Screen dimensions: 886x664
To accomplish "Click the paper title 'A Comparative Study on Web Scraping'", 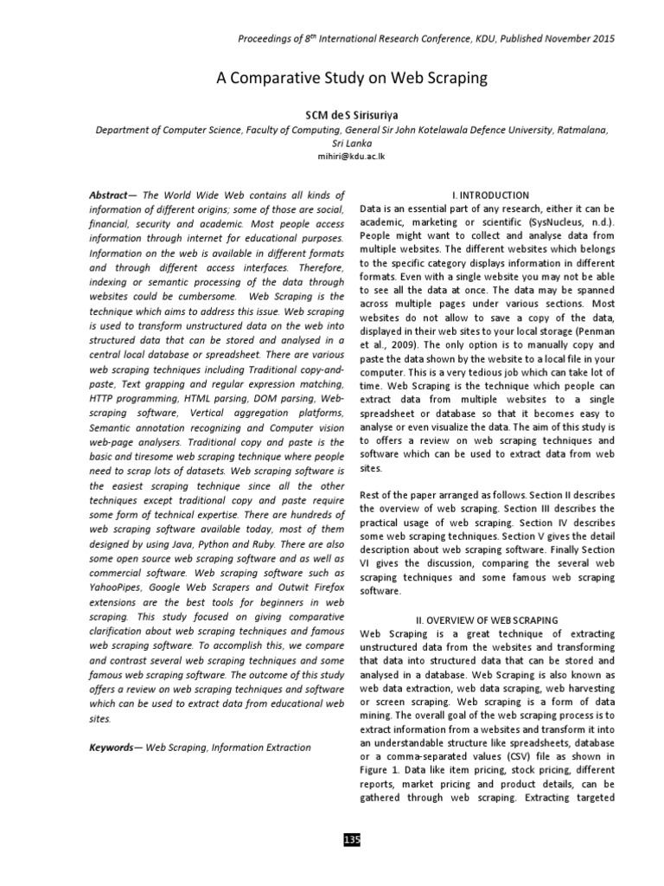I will pos(351,79).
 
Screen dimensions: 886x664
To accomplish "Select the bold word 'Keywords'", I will pos(115,746).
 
